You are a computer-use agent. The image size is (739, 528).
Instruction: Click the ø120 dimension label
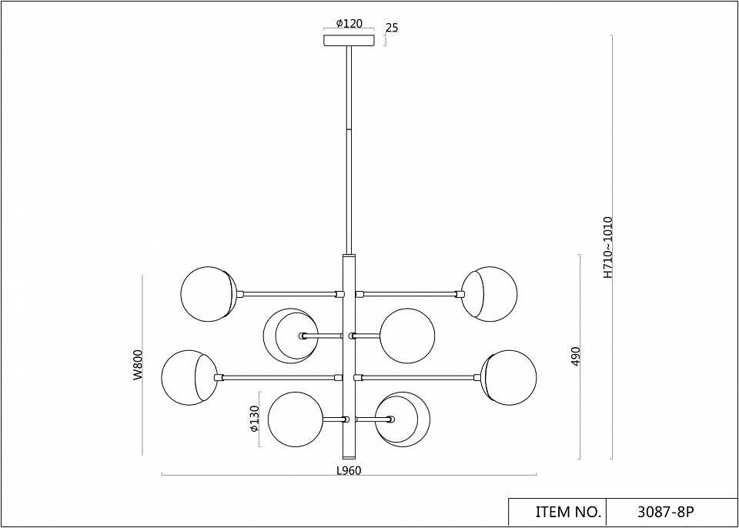[349, 23]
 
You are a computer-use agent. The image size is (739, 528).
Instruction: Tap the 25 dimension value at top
[392, 28]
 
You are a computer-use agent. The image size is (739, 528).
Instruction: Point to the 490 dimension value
[576, 356]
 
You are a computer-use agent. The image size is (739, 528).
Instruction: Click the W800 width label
[137, 365]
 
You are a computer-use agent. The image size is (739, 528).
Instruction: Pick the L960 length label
[349, 470]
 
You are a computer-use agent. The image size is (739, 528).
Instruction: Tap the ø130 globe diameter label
[255, 419]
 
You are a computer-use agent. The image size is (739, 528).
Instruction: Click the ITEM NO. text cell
[568, 512]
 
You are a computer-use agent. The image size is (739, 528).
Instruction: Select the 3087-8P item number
[666, 512]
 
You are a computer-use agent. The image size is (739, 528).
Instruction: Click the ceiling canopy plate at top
[349, 40]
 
